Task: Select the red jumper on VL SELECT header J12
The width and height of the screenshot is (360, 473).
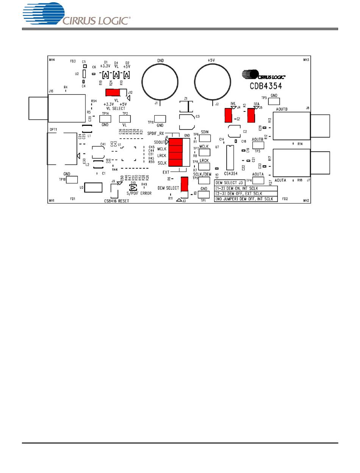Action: click(x=113, y=92)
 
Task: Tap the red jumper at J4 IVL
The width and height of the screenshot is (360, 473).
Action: click(x=228, y=115)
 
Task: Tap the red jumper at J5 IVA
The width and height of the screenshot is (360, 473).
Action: click(x=251, y=115)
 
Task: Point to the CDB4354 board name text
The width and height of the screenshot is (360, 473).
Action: click(x=265, y=86)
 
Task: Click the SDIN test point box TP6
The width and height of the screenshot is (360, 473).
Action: click(x=205, y=138)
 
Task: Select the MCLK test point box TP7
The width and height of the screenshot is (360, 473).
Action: click(x=205, y=152)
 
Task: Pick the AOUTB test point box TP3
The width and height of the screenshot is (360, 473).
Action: click(x=258, y=145)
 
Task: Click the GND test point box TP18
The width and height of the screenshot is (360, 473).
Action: click(x=72, y=179)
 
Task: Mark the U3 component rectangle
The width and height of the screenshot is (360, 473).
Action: click(x=93, y=187)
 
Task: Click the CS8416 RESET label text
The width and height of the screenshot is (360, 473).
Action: click(x=116, y=201)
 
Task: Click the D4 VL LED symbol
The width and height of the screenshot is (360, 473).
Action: click(x=117, y=74)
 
